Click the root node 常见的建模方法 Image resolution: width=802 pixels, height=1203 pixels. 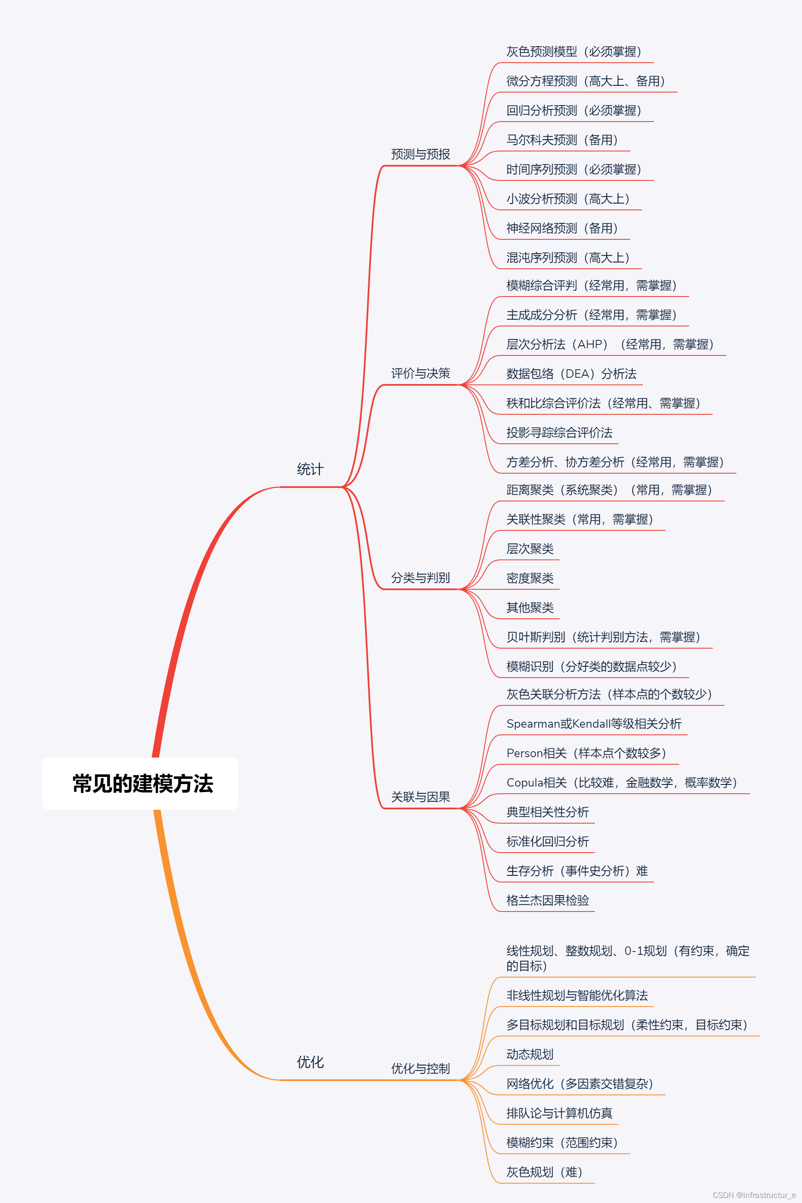142,783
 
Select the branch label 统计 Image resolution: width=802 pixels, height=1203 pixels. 310,469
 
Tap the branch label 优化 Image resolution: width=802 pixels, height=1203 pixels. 310,1062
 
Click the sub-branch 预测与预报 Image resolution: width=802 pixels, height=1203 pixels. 420,154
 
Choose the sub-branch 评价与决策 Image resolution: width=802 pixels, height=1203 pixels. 420,373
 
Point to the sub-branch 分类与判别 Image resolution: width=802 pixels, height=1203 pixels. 420,578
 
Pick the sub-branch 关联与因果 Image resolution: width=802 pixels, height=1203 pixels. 420,797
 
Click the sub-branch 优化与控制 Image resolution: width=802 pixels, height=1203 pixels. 420,1068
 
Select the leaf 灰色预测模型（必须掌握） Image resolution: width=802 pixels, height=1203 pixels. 574,52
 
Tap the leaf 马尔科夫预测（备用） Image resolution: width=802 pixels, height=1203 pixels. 562,140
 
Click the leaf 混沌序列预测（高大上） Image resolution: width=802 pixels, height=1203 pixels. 568,258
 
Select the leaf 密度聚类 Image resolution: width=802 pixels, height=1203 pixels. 530,578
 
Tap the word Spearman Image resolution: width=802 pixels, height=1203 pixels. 532,724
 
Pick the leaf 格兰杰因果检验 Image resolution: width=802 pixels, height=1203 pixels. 547,900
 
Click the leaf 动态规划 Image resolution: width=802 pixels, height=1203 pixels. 530,1054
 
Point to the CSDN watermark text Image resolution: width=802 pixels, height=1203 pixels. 754,1195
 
